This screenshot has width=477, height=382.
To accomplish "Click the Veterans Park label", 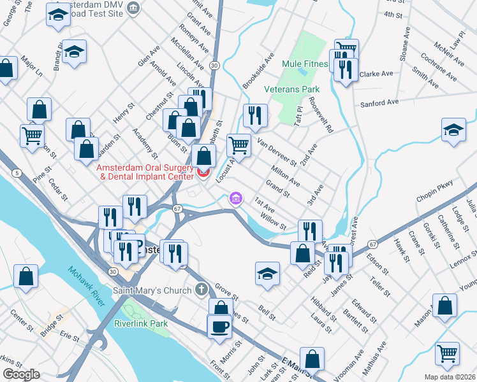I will pos(291,89).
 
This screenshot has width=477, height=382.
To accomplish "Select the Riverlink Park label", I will pos(141,323).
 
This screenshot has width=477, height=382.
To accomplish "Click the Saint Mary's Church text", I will pos(152,291).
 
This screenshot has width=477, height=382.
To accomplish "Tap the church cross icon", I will pos(201,291).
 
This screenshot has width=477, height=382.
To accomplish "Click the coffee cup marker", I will pos(220,326).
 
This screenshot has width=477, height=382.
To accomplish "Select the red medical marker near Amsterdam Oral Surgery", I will pos(203,172).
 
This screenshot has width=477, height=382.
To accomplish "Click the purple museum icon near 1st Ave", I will pos(236,199).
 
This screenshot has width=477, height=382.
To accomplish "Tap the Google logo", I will pos(21,374).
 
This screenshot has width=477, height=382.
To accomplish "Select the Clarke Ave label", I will pos(376,74).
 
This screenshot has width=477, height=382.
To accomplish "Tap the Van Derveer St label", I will pos(276,152).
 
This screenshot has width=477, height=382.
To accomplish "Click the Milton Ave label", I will pos(285,174).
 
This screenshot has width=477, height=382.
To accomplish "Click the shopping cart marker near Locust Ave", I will pos(238,145).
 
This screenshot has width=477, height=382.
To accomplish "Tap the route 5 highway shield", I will pos(15,173).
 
